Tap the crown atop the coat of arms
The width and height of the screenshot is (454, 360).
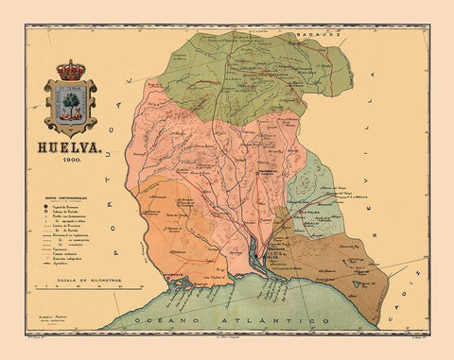[x=70, y=69]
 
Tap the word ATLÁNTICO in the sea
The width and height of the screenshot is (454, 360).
[x=271, y=321]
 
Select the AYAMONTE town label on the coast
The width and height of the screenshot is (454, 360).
[x=151, y=275]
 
